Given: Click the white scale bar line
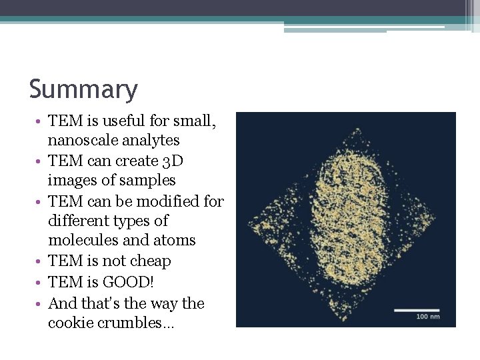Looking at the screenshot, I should point(416,309).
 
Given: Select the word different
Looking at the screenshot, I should point(75,221).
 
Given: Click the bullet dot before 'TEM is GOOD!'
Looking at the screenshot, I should point(41,283).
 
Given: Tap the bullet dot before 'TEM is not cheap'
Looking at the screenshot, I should point(41,262).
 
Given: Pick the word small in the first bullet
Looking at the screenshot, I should point(195,121).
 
